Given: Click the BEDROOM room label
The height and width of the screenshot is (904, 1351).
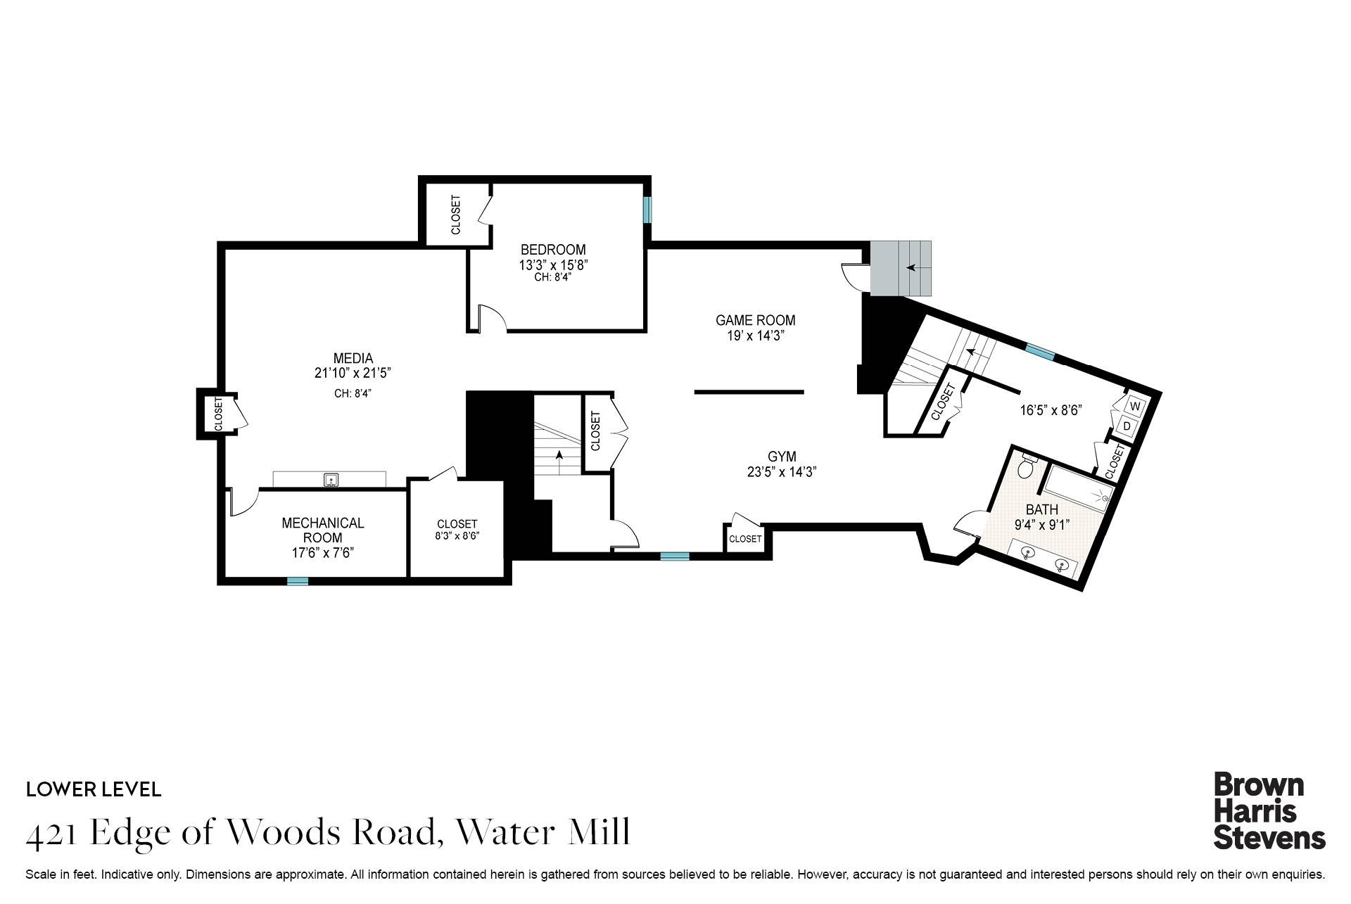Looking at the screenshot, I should click(552, 250).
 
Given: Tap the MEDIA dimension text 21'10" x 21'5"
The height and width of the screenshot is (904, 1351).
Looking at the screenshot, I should click(353, 374).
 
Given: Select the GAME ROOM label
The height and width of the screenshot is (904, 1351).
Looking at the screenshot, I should click(755, 321).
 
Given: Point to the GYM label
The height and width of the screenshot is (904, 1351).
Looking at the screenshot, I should click(781, 457).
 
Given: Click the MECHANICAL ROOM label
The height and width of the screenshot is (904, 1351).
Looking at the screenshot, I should click(322, 530).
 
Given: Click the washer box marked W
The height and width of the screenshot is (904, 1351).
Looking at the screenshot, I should click(1134, 406).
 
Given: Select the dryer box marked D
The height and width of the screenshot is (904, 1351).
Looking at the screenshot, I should click(1127, 426).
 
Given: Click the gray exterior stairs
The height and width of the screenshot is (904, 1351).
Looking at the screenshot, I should click(901, 268).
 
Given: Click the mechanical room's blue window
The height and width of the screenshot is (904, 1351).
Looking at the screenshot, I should click(298, 581).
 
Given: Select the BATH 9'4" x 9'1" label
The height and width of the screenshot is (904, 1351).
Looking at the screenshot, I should click(1042, 517).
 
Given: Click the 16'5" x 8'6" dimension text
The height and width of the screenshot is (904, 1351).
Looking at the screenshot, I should click(1050, 410).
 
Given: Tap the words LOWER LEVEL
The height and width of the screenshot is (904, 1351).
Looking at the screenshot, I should click(94, 789).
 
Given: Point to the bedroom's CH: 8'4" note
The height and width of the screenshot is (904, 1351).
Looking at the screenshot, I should click(552, 277).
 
